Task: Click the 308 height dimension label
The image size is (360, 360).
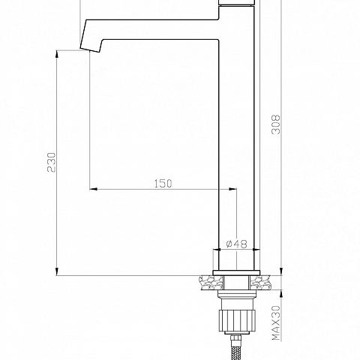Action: (276, 124)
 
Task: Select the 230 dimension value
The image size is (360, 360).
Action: (52, 162)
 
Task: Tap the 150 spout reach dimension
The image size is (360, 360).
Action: (163, 184)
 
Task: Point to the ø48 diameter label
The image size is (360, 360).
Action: (236, 244)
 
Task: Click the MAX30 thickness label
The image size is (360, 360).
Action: (277, 323)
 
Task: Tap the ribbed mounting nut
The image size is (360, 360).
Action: (237, 320)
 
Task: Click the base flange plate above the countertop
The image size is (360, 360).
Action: (236, 273)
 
